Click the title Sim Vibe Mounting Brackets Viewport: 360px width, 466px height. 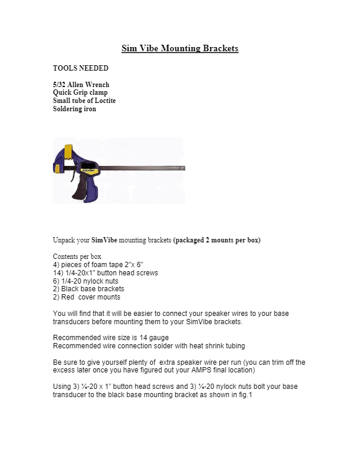179,48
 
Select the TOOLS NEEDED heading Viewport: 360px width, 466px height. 81,68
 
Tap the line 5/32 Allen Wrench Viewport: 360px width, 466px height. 81,85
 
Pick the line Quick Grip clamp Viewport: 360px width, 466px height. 80,92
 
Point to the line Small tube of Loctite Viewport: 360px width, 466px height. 84,101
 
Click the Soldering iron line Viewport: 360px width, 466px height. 75,109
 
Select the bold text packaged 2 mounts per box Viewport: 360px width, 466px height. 217,240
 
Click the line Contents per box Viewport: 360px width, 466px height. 77,257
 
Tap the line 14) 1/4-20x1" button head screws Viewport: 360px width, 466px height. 105,273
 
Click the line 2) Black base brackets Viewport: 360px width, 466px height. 88,289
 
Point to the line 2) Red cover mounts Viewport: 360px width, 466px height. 86,297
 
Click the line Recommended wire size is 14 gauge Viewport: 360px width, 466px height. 111,338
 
